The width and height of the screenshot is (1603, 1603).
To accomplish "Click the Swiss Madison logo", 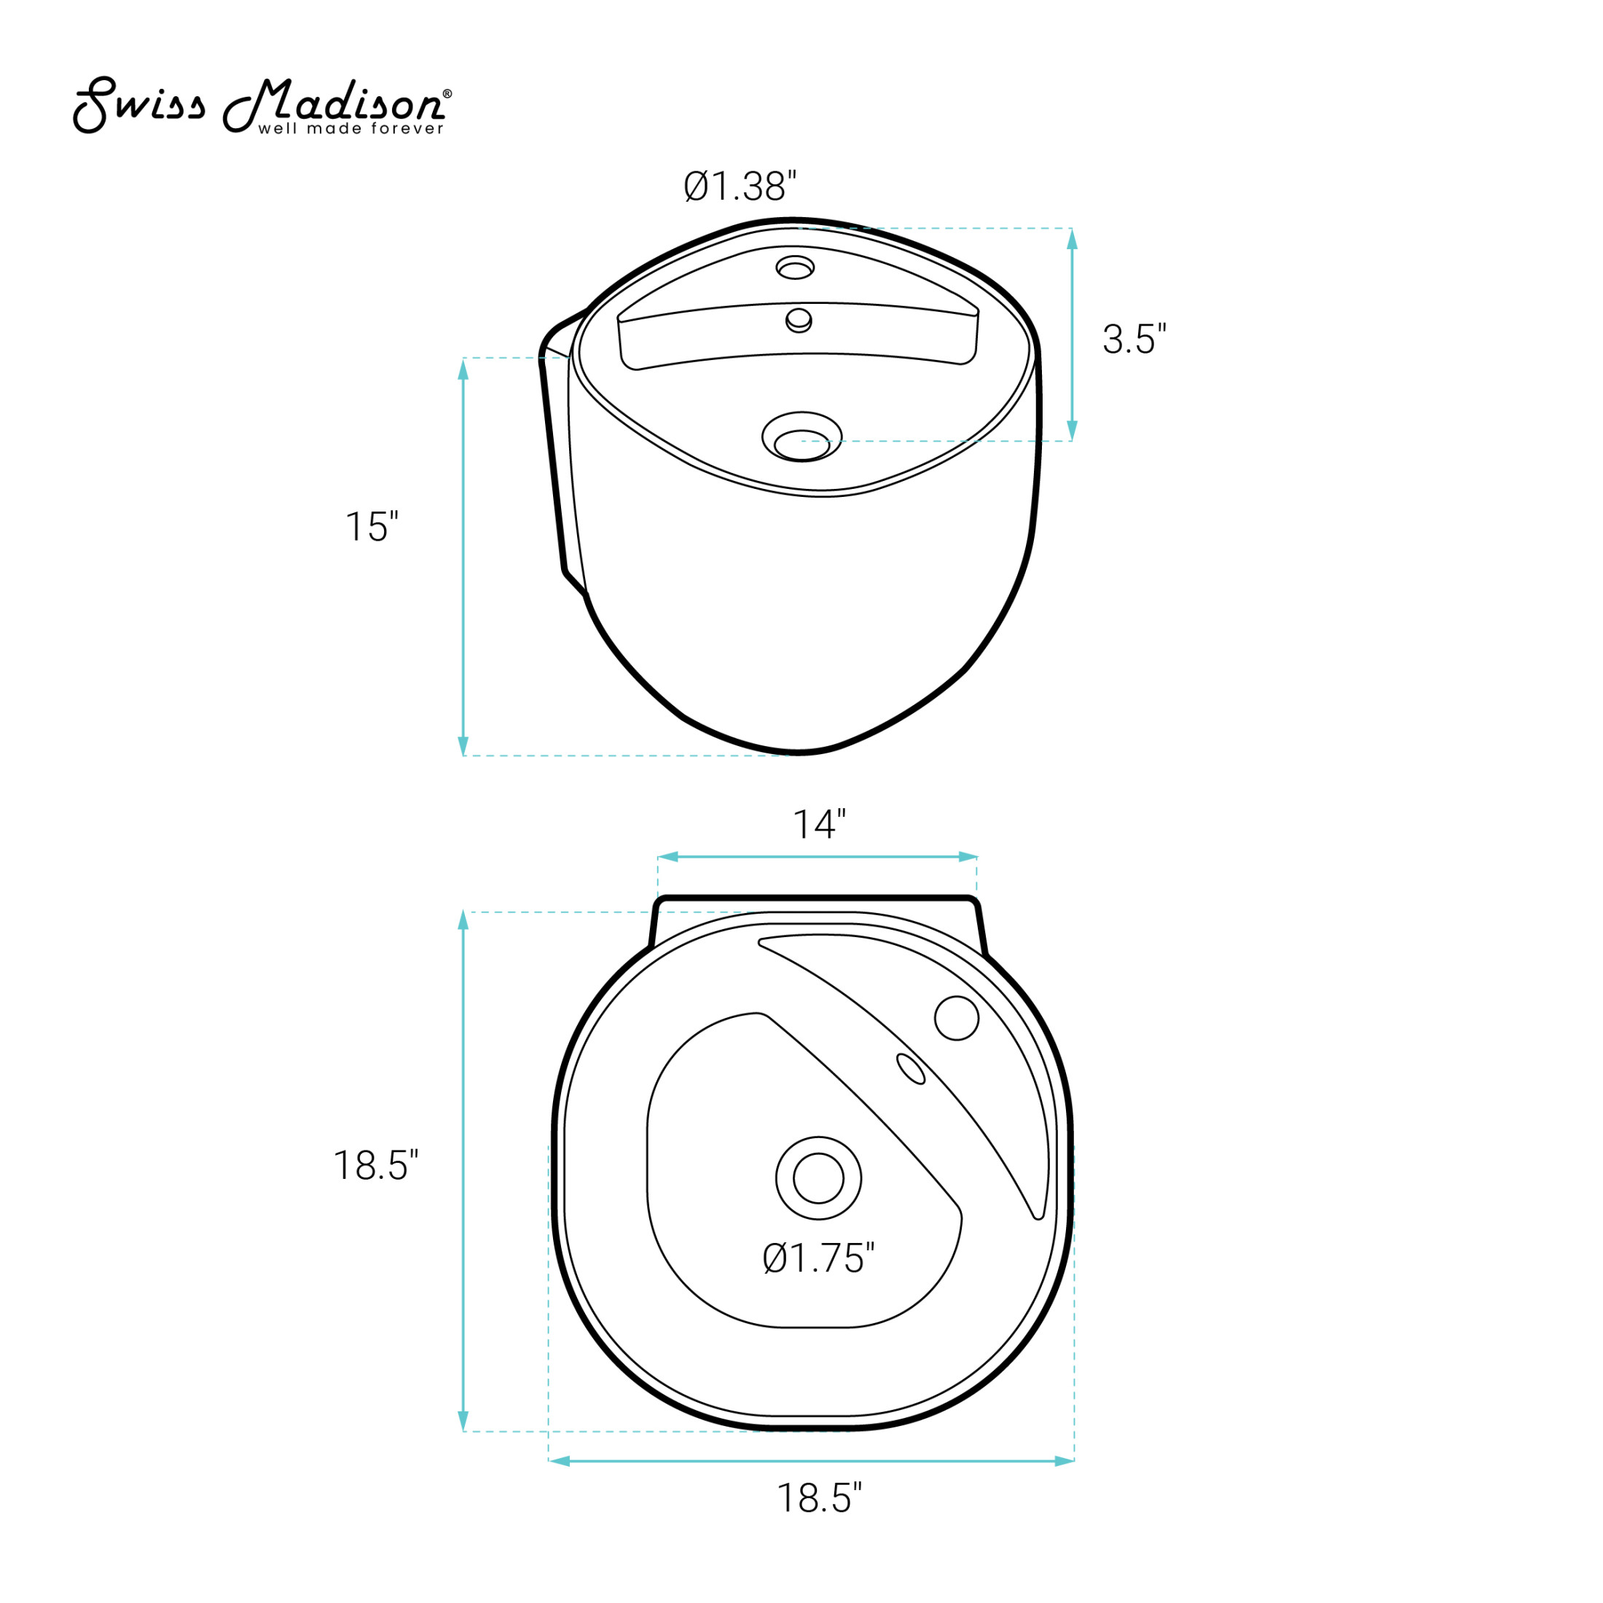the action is click(x=262, y=106).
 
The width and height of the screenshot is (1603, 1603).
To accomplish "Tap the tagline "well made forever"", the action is click(x=351, y=129).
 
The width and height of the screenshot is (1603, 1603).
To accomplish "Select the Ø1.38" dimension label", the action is click(x=740, y=186).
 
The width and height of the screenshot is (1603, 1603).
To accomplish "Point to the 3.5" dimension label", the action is click(x=1134, y=339).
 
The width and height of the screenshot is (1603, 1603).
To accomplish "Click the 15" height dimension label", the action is click(x=372, y=526).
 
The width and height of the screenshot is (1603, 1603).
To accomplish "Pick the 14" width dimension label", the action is click(x=819, y=824).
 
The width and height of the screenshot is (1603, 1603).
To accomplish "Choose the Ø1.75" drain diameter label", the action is click(x=818, y=1258).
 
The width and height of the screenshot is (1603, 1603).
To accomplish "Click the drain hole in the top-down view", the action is click(x=818, y=1178).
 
